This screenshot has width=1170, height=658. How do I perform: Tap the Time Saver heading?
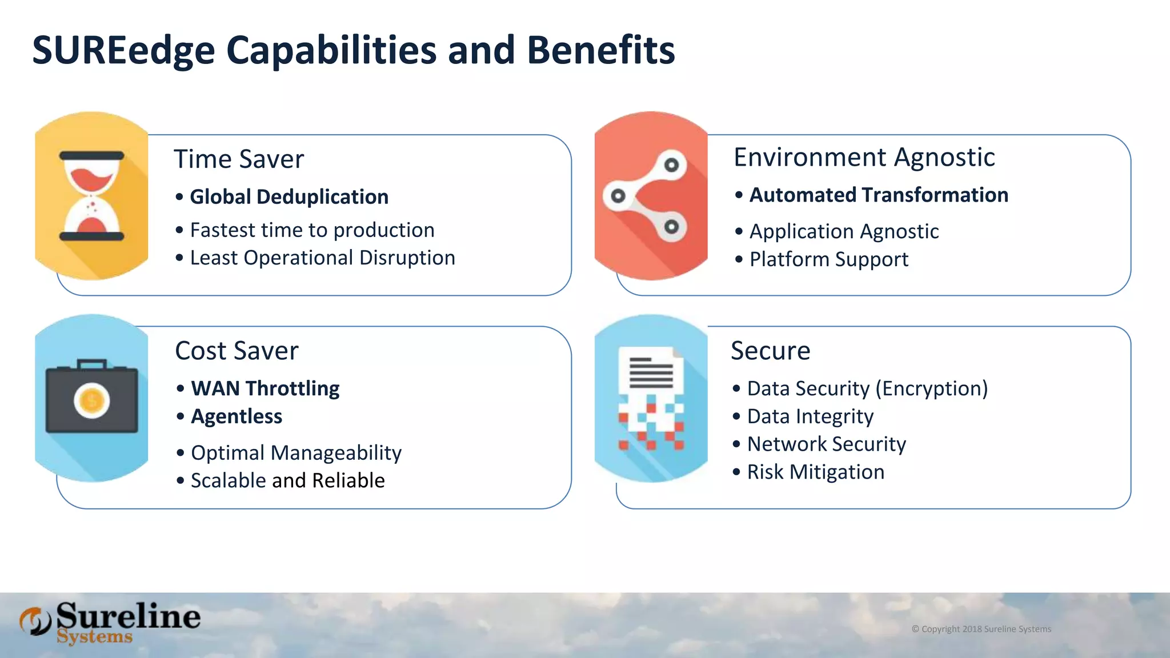(x=239, y=159)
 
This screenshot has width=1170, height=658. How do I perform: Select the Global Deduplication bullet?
(x=289, y=197)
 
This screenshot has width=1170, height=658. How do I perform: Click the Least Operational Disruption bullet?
(x=322, y=258)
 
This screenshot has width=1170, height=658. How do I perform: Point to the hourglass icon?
(x=91, y=196)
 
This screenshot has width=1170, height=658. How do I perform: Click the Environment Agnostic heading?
(x=864, y=157)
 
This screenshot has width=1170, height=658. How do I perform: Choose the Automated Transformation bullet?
(x=878, y=195)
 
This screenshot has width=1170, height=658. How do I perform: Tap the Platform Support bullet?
(x=828, y=260)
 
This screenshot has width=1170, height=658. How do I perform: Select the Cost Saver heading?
(x=237, y=351)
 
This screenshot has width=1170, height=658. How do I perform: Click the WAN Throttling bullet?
(x=265, y=389)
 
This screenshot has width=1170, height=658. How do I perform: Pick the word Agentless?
(x=237, y=417)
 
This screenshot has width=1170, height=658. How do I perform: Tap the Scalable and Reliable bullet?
(x=287, y=481)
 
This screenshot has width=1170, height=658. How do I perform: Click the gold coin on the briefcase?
(x=91, y=401)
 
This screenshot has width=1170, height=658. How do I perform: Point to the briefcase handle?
(x=91, y=363)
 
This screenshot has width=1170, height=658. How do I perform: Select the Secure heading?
(x=770, y=351)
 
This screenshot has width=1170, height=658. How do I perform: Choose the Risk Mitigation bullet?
(x=815, y=472)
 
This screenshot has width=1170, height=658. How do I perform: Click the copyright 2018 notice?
(x=981, y=629)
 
